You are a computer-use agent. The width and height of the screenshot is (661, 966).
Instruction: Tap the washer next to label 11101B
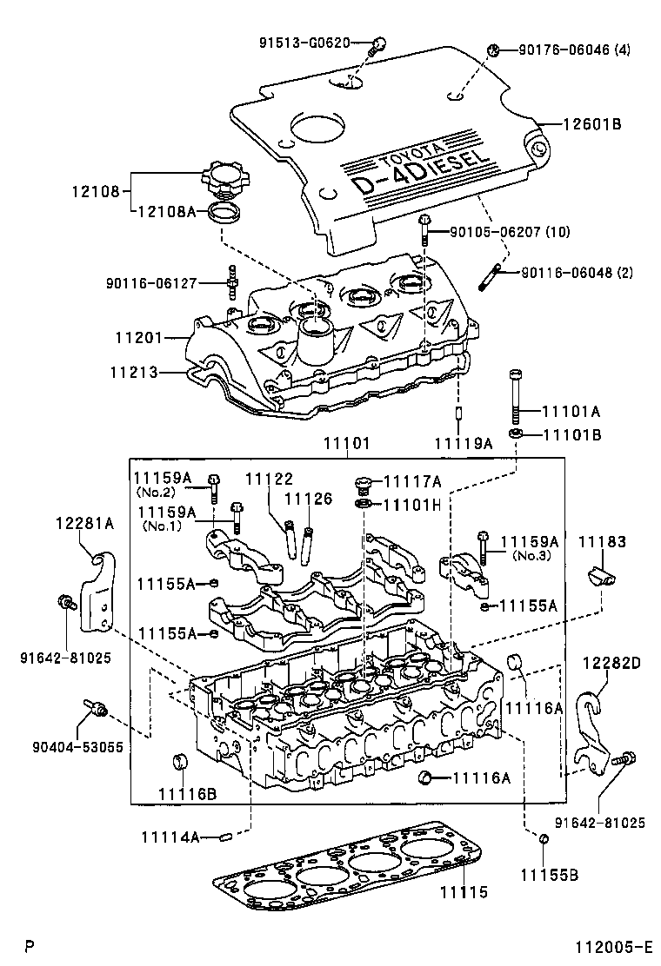tap(516, 432)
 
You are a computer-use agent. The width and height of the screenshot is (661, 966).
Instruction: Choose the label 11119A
tap(464, 443)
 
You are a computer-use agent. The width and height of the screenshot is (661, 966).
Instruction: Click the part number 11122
tap(269, 479)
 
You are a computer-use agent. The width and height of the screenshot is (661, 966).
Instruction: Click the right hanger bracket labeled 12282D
tap(594, 730)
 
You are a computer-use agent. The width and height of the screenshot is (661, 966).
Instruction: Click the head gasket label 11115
tap(463, 892)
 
